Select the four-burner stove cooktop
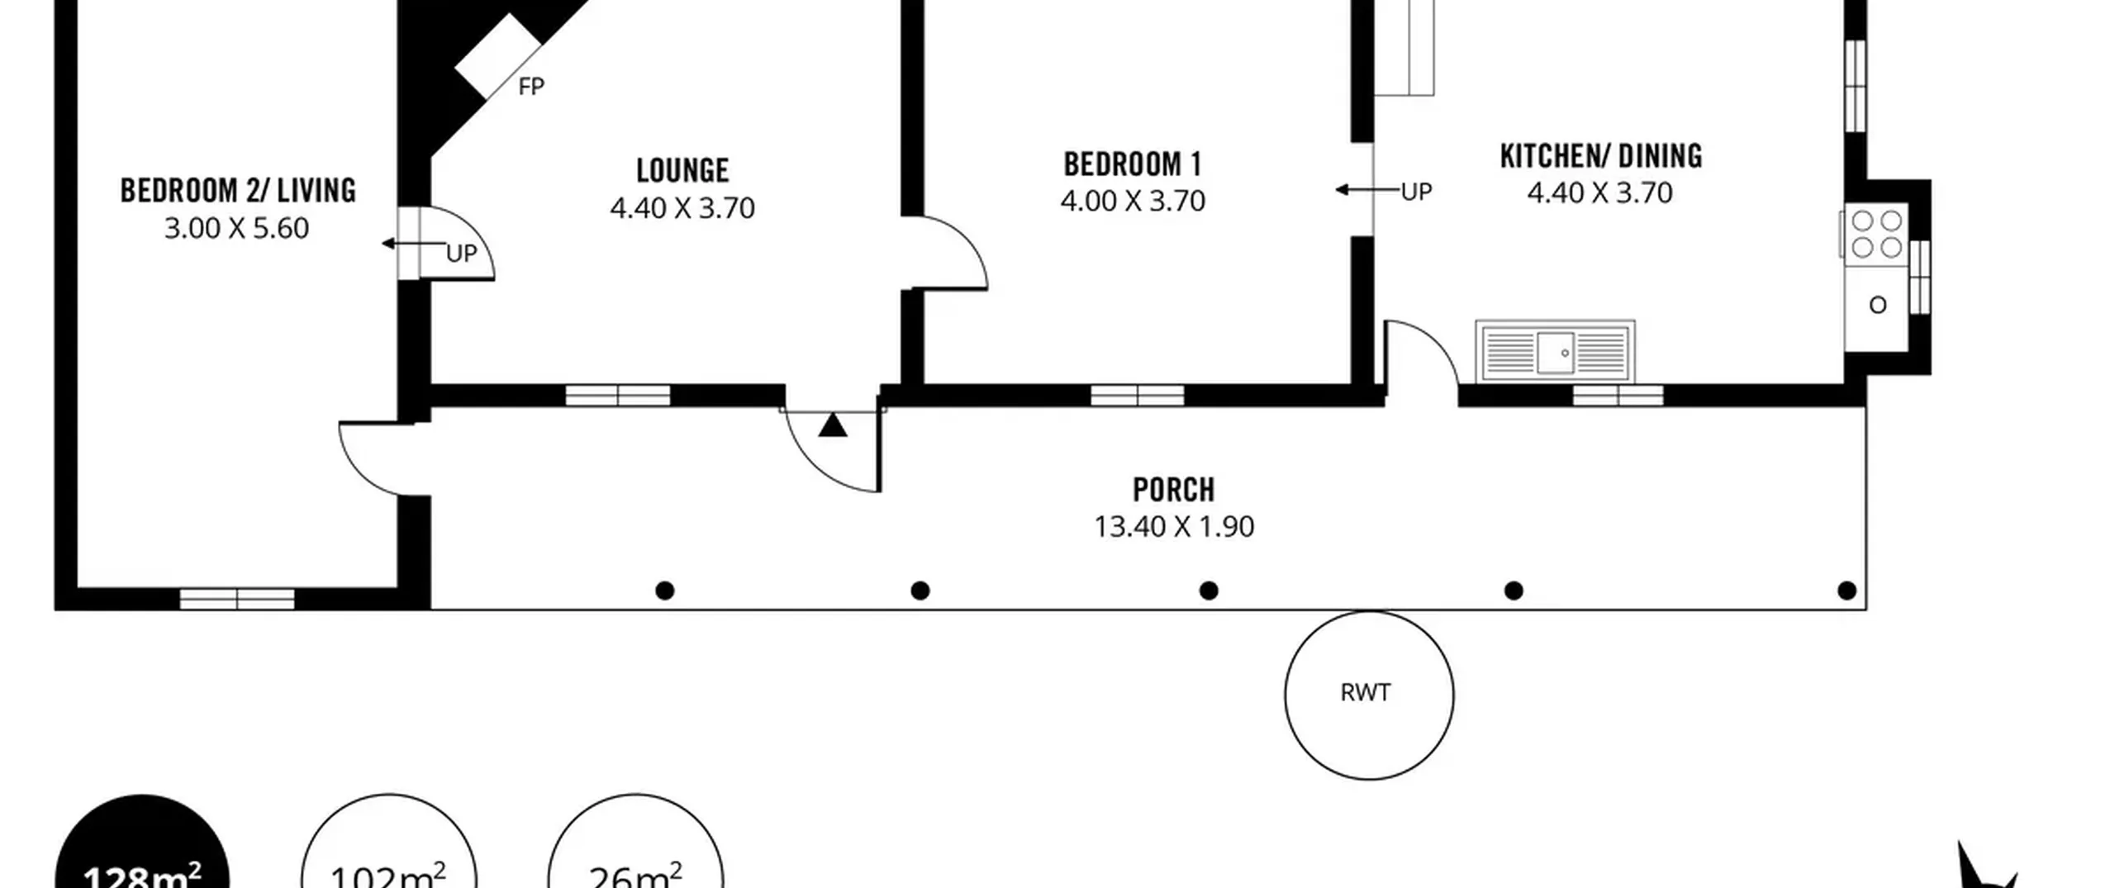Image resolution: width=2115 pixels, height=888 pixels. [1877, 234]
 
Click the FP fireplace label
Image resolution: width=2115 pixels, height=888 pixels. [531, 86]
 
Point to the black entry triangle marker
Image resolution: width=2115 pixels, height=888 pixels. [833, 425]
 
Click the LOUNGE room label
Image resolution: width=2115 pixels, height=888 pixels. [682, 171]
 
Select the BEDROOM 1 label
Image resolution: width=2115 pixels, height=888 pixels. [1133, 164]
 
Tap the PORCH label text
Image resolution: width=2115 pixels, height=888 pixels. [1174, 490]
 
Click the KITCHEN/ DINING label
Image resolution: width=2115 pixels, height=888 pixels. [1601, 156]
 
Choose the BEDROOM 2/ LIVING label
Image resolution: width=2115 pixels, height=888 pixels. [238, 191]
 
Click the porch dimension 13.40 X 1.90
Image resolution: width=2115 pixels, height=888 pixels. [1174, 526]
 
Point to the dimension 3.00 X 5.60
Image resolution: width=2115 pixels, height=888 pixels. [236, 228]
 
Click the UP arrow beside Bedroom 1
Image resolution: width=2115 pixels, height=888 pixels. [1368, 190]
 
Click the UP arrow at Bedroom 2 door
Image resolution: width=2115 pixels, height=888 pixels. [414, 244]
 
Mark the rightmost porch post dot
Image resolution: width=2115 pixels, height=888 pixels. [1847, 591]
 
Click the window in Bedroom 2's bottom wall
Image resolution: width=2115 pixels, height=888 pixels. [237, 599]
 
